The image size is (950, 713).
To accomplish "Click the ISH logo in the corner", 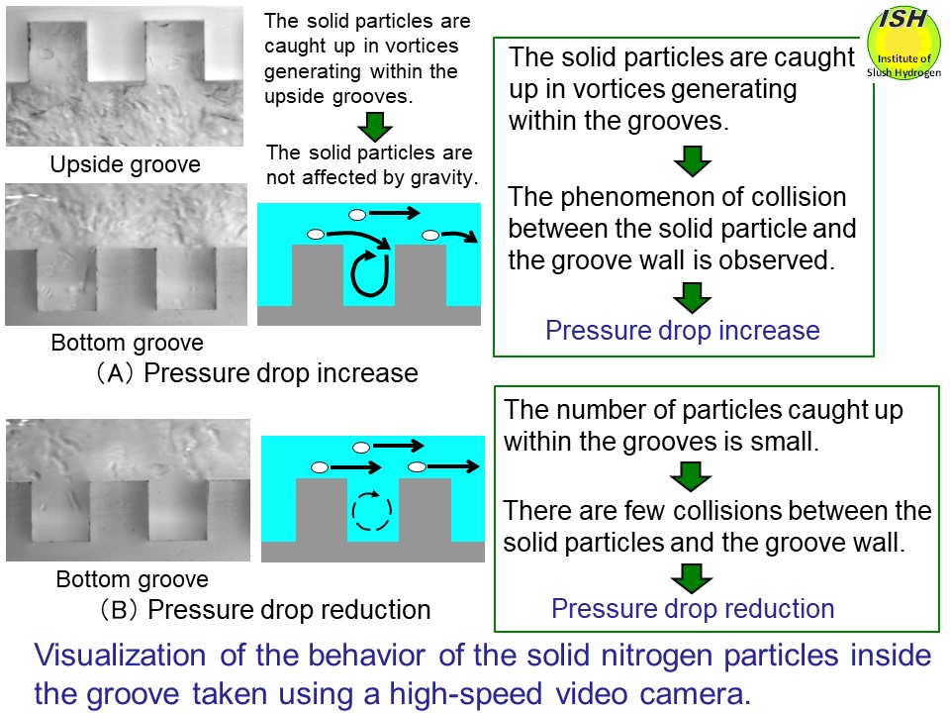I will click(x=902, y=43).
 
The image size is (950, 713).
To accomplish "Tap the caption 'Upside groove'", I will click(x=125, y=164).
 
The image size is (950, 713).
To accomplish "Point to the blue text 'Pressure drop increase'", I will click(x=683, y=331).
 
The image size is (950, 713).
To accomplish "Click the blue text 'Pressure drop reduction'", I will click(x=693, y=608).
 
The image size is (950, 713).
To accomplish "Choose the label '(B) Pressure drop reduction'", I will click(x=258, y=609).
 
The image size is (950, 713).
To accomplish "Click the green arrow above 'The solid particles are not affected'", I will click(x=373, y=126).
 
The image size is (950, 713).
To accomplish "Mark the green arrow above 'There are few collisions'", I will click(x=692, y=477).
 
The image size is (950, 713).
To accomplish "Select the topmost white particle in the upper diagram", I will click(x=357, y=213).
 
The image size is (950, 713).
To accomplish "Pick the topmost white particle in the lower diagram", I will click(x=362, y=448).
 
